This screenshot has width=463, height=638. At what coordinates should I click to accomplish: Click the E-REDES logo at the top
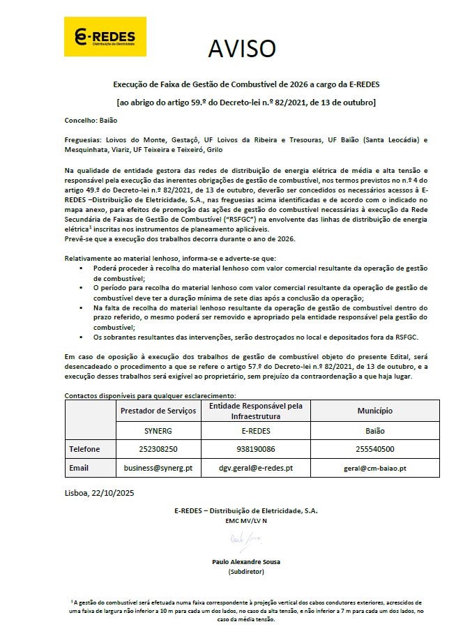click(105, 37)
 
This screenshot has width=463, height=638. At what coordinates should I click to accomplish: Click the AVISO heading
click(242, 48)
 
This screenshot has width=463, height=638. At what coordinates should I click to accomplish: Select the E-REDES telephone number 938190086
click(255, 449)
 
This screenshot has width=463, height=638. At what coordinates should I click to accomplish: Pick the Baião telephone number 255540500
click(375, 449)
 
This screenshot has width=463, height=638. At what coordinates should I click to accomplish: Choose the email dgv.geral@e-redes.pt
click(255, 468)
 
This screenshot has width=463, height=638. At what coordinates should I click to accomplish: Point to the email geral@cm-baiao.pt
click(375, 468)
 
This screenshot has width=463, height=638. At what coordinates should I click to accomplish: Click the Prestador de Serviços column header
click(159, 411)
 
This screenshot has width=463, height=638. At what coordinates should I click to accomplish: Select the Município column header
click(375, 411)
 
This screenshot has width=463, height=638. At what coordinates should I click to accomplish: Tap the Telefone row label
click(84, 449)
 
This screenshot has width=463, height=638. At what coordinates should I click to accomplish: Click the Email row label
click(79, 468)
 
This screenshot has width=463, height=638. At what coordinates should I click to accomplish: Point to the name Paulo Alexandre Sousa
click(245, 561)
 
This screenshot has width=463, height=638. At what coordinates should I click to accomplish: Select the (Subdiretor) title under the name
click(245, 572)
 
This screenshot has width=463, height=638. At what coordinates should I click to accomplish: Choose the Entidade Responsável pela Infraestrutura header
click(255, 411)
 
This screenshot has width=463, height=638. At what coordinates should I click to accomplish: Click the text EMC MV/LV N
click(245, 521)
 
